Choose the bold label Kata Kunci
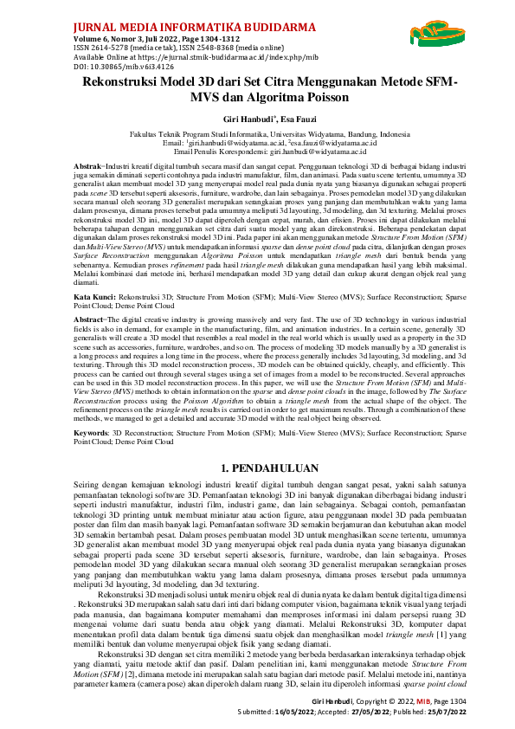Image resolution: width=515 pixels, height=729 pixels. pos(91,296)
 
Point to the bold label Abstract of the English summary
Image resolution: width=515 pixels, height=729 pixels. pos(88,319)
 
